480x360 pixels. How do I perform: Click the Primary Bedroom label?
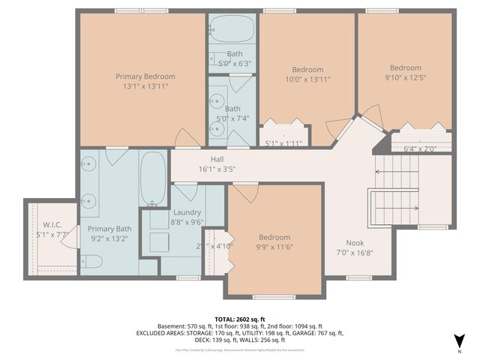coord(145,76)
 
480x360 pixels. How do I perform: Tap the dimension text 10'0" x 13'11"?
coord(307,79)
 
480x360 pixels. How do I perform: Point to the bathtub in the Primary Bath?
coord(153,178)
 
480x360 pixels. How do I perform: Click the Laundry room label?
coord(187,212)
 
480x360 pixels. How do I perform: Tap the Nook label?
coord(355,242)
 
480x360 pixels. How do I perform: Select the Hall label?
coord(217,160)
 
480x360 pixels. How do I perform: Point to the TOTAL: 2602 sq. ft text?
coord(239,319)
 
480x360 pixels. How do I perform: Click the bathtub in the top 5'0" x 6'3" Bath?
coord(232,30)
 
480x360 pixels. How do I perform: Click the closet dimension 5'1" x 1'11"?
coord(284,142)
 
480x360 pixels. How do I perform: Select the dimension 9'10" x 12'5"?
coord(405,76)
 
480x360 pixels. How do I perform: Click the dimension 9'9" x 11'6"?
coord(274,247)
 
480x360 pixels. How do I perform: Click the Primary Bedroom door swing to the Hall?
coord(184,138)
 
